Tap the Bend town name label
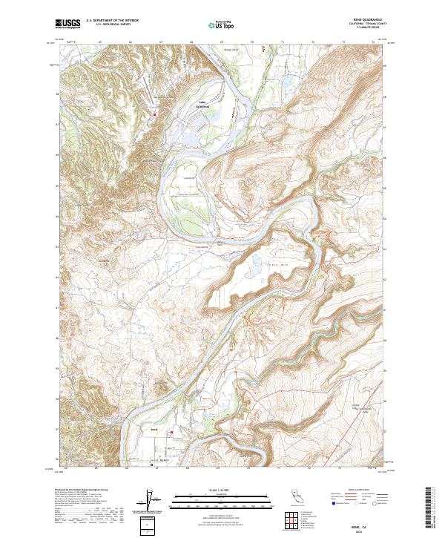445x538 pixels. pos(154,429)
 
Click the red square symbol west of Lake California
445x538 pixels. pos(154,114)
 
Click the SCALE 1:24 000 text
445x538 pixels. pos(216,490)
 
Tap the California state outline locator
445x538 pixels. pos(300,495)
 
